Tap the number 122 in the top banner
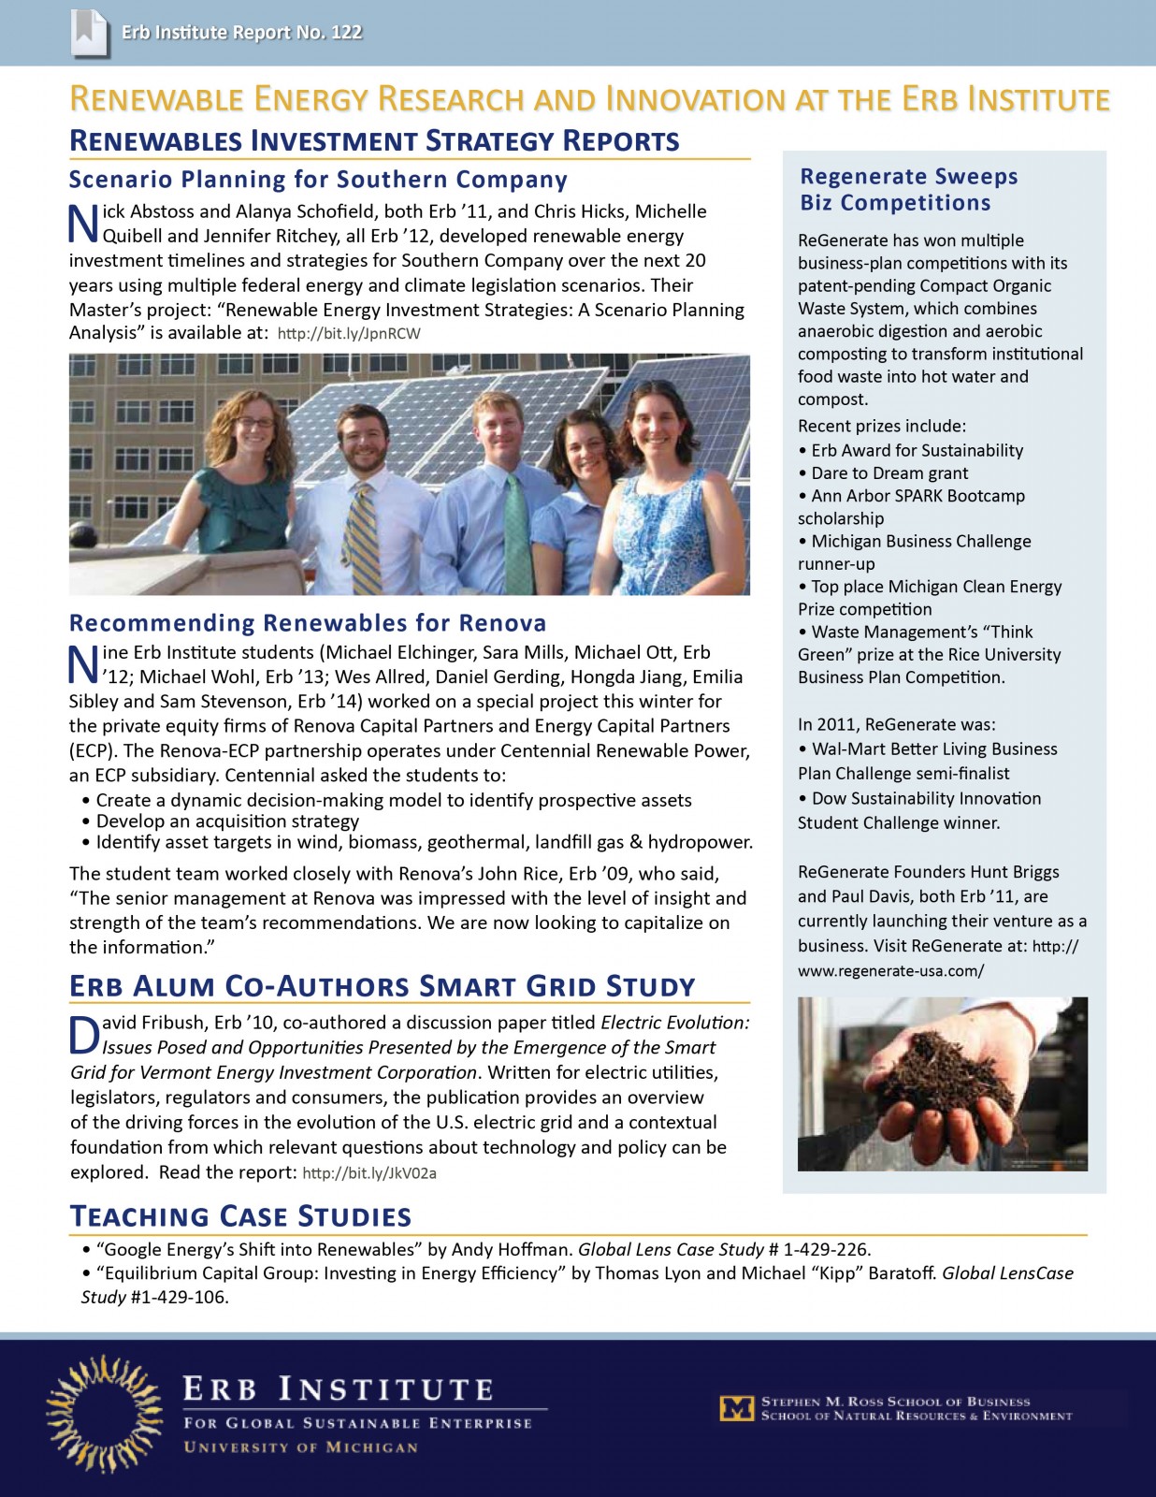[x=346, y=33]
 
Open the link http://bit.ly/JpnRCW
[x=349, y=334]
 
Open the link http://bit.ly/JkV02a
[x=369, y=1173]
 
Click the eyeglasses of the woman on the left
[x=254, y=423]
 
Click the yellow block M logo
[x=736, y=1408]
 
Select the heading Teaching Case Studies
[x=240, y=1216]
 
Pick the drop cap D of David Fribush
[x=84, y=1034]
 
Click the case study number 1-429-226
[x=826, y=1249]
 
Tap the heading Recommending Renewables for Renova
[x=308, y=623]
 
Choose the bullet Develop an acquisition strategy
[x=227, y=821]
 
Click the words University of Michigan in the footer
[x=300, y=1447]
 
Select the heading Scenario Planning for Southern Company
[x=318, y=180]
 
